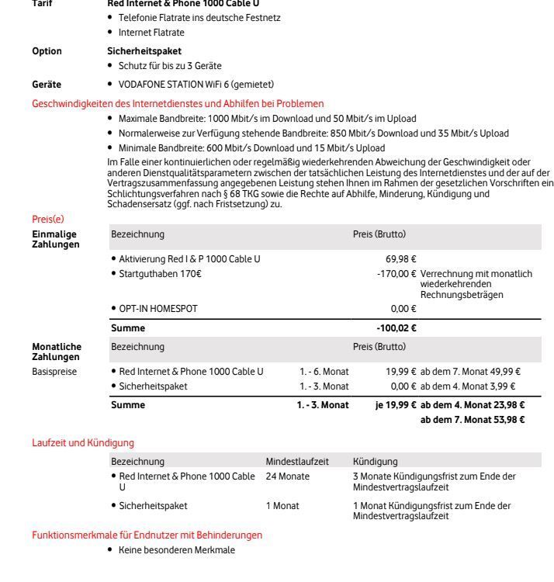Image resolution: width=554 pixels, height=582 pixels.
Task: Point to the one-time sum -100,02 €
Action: pyautogui.click(x=397, y=328)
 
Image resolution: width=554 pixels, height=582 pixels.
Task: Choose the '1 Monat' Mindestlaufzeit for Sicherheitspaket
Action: pyautogui.click(x=282, y=505)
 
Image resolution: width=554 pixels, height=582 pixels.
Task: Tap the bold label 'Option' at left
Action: pyautogui.click(x=47, y=50)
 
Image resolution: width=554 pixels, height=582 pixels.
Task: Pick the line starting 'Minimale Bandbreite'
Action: pyautogui.click(x=251, y=147)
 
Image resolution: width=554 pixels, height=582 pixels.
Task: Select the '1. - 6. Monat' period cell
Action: pyautogui.click(x=324, y=372)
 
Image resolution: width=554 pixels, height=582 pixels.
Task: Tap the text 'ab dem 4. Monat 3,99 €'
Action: pyautogui.click(x=469, y=386)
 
